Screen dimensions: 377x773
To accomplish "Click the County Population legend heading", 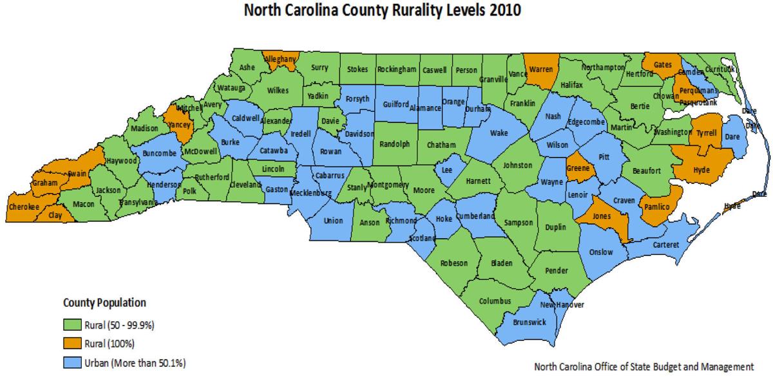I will click(104, 302).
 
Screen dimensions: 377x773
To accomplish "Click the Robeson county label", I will click(454, 263).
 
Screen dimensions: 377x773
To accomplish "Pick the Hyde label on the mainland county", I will click(701, 170).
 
